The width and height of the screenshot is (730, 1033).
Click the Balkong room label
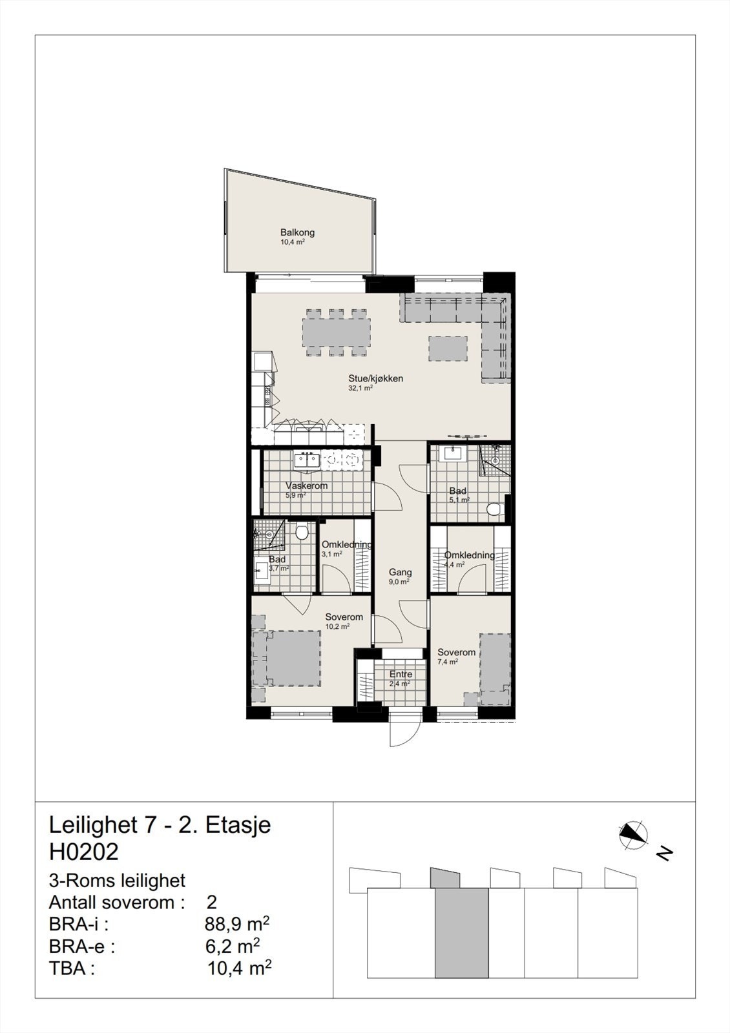[x=297, y=233]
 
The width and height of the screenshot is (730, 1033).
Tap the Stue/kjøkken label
[x=375, y=378]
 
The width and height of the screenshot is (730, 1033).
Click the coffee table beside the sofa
[x=448, y=349]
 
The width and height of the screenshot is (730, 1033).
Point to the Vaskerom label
[x=306, y=486]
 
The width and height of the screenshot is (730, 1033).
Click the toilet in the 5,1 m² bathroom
[x=495, y=510]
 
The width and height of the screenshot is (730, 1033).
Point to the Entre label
[x=401, y=674]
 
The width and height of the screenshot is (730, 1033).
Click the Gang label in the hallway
[x=400, y=572]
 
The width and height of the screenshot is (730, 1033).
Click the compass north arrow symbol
[x=633, y=835]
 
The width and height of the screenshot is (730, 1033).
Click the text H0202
[x=84, y=852]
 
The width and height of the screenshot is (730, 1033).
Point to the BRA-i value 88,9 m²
[x=236, y=924]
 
